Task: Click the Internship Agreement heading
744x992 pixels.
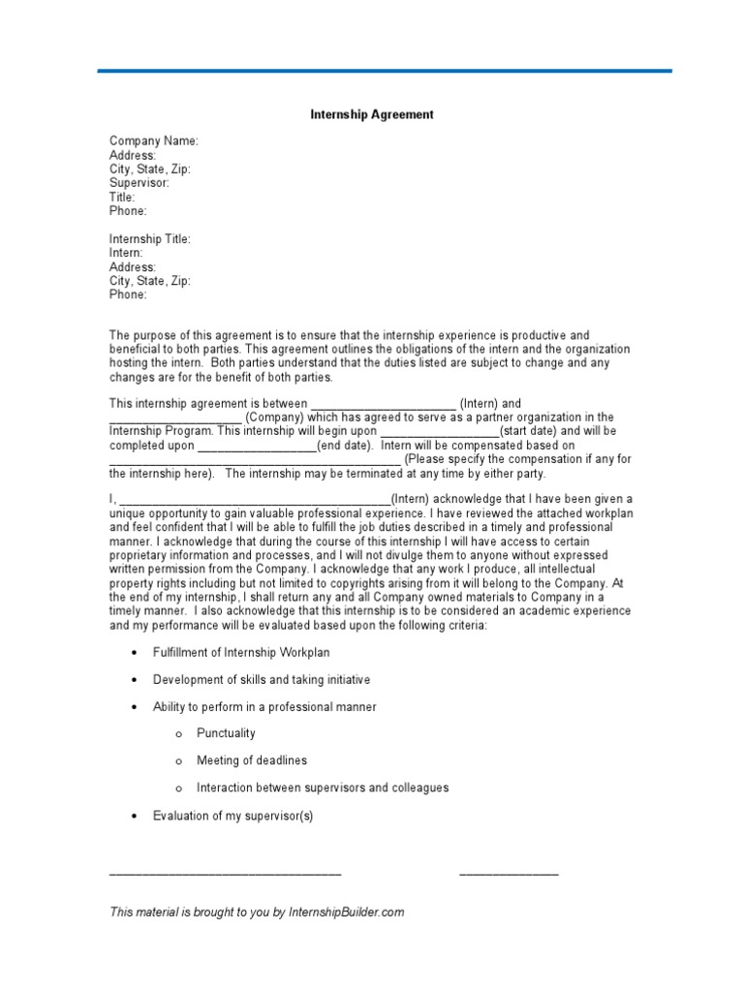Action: tap(371, 114)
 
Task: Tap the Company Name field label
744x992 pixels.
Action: tap(153, 141)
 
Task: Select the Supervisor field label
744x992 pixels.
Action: tap(139, 183)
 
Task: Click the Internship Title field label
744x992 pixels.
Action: tap(149, 239)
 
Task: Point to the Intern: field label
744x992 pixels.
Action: tap(126, 253)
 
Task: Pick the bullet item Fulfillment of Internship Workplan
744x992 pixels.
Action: tap(242, 653)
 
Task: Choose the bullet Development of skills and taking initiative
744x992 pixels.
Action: tap(262, 680)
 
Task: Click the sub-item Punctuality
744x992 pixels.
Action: tap(226, 733)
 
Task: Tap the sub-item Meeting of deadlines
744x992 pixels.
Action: tap(251, 760)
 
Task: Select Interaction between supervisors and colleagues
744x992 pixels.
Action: tap(323, 788)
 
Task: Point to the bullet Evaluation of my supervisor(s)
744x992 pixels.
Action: tap(232, 816)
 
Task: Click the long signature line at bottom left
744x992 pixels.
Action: tap(225, 875)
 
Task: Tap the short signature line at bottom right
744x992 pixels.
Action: tap(509, 875)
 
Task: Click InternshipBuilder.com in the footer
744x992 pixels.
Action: tap(346, 912)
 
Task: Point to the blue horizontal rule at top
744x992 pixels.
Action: tap(385, 71)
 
